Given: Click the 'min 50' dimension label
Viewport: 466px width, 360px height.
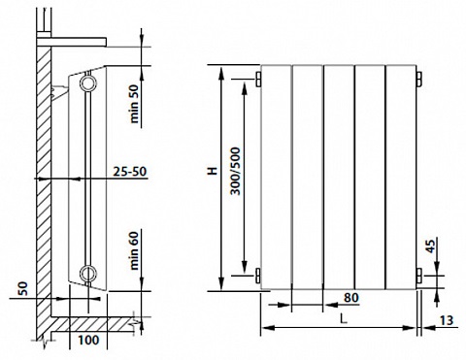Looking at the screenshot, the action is click(134, 104).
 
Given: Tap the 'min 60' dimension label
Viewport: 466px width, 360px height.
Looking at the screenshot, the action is click(134, 250).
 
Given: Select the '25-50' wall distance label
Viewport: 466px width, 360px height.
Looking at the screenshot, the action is click(130, 172).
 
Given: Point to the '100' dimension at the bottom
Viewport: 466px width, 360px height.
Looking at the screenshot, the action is click(88, 340).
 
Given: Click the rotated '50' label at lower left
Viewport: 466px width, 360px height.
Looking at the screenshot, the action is click(23, 288).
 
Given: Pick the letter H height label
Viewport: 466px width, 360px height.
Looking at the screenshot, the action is click(213, 171).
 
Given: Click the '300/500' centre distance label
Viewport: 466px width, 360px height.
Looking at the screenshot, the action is click(236, 171).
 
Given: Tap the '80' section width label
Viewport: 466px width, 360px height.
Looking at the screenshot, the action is click(351, 298).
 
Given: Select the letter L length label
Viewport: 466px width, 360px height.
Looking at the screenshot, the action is click(344, 319).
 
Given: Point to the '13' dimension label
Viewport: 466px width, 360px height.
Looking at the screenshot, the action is click(447, 320).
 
